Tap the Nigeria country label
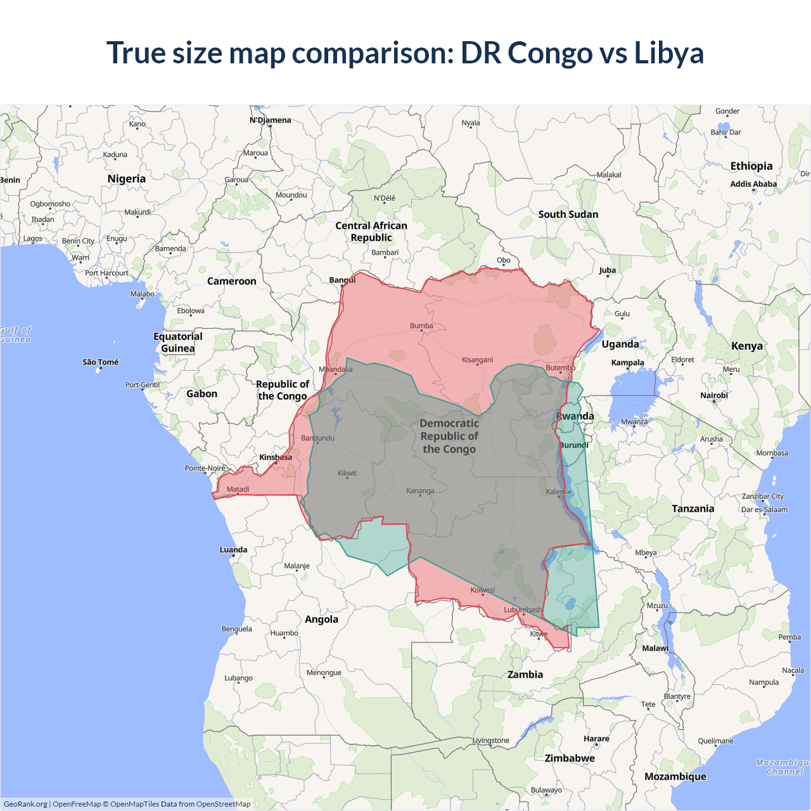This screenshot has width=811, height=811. (x=127, y=179)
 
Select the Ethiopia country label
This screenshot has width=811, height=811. (x=751, y=166)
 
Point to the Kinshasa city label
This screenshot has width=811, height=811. (x=276, y=457)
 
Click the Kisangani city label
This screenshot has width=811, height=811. (x=477, y=360)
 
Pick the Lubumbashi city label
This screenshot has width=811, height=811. (x=523, y=610)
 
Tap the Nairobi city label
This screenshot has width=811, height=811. (x=714, y=395)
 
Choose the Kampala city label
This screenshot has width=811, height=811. (x=628, y=362)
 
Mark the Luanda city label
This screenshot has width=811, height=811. (x=233, y=550)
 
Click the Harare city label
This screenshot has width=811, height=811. (x=596, y=739)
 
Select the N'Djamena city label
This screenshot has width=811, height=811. (x=271, y=120)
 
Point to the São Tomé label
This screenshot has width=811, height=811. (x=101, y=362)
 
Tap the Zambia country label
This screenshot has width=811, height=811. (x=525, y=675)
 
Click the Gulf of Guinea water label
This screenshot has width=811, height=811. (x=15, y=335)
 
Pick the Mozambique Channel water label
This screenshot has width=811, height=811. (x=784, y=767)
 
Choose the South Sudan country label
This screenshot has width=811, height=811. (x=568, y=214)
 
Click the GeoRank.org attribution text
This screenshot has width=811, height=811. (x=25, y=804)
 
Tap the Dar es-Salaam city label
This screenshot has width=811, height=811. (x=764, y=509)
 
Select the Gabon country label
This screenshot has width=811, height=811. (x=201, y=394)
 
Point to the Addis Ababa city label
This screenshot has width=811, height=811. (x=753, y=184)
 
